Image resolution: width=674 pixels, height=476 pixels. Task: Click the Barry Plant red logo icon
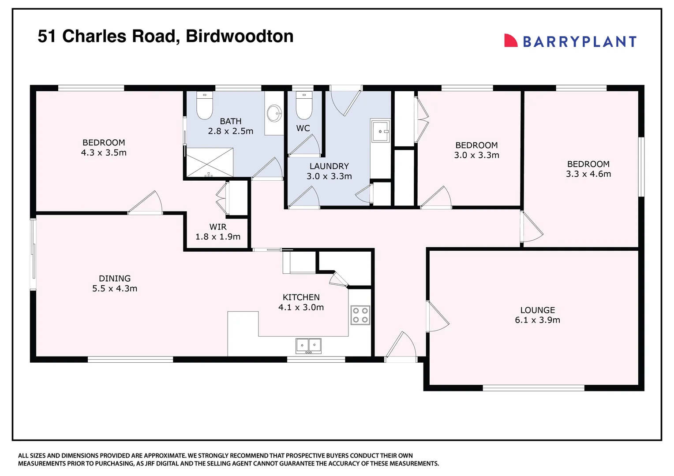point(510,41)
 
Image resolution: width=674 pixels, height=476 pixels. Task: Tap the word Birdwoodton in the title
point(240,36)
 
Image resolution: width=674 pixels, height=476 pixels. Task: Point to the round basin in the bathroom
point(274,113)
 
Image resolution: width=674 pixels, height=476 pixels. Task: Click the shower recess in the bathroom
point(209,163)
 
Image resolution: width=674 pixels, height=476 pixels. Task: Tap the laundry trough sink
point(380,131)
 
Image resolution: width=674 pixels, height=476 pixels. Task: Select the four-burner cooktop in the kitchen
point(360,315)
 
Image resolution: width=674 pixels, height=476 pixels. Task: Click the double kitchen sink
point(308,346)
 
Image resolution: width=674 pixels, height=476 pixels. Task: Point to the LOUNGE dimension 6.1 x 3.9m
point(537,320)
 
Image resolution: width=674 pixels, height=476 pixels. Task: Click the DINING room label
point(115,279)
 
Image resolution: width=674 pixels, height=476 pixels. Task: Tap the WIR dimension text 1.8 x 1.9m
point(218,237)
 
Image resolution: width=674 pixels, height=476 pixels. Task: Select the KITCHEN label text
point(301,297)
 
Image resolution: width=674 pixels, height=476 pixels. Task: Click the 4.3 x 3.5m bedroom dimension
point(104,152)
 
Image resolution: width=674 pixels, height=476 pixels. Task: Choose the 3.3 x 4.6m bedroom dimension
point(588,174)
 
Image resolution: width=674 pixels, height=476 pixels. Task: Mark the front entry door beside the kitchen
point(401,346)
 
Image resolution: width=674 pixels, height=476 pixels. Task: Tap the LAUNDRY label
point(329,166)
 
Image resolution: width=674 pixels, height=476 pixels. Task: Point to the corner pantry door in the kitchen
point(339,279)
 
